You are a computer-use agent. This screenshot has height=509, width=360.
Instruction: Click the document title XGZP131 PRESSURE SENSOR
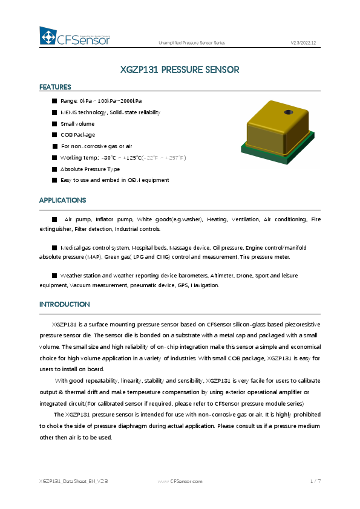coord(180,70)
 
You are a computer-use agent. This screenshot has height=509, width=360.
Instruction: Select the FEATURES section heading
coord(55,87)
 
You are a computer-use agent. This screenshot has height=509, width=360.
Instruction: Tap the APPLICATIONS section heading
coord(62,200)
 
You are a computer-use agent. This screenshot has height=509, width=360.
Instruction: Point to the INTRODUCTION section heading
coord(64,304)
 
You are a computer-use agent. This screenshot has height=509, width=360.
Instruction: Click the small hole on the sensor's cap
coord(289,112)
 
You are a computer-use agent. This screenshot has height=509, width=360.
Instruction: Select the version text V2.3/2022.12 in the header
coord(303,42)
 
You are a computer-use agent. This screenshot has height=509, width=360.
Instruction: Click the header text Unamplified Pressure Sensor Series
coord(191,42)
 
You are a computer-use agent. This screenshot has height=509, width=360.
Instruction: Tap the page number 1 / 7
coord(315,481)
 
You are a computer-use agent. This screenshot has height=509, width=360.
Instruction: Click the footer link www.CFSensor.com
coord(180,481)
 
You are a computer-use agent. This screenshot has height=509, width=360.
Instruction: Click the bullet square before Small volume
coord(54,124)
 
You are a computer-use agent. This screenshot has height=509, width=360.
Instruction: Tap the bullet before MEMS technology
coord(54,112)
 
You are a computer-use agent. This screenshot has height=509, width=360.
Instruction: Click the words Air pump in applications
coord(76,219)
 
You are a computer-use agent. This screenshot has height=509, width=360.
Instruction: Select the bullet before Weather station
coord(54,275)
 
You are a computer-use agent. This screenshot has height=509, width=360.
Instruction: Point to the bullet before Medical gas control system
coord(54,247)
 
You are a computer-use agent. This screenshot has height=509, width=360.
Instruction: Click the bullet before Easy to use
coord(54,180)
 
